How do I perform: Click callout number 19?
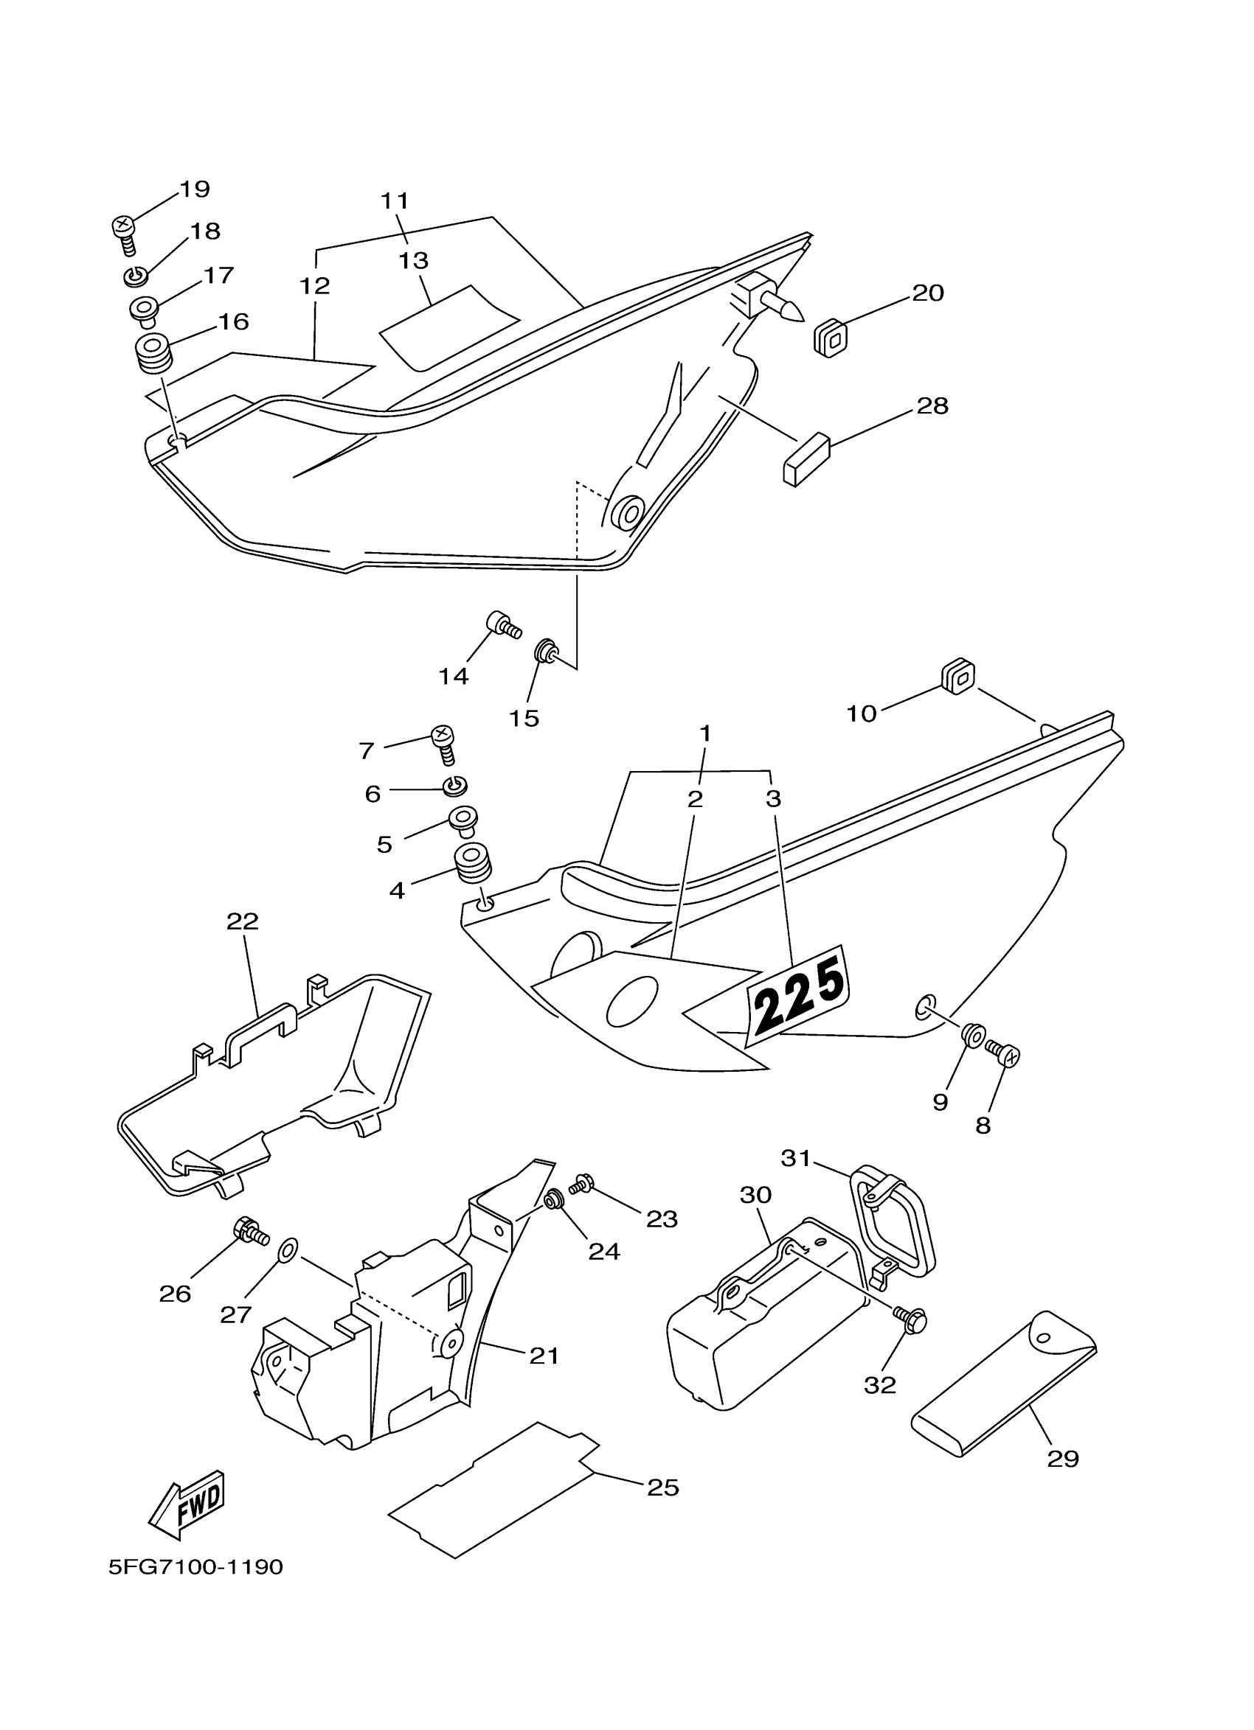[195, 189]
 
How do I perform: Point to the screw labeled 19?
[125, 232]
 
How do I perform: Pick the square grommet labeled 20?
[831, 335]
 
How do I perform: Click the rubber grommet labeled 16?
[153, 352]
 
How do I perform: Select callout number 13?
[414, 261]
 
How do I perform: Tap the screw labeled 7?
[444, 743]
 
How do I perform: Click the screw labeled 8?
[1003, 1054]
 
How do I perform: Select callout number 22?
[243, 921]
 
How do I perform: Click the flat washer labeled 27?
[288, 1249]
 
